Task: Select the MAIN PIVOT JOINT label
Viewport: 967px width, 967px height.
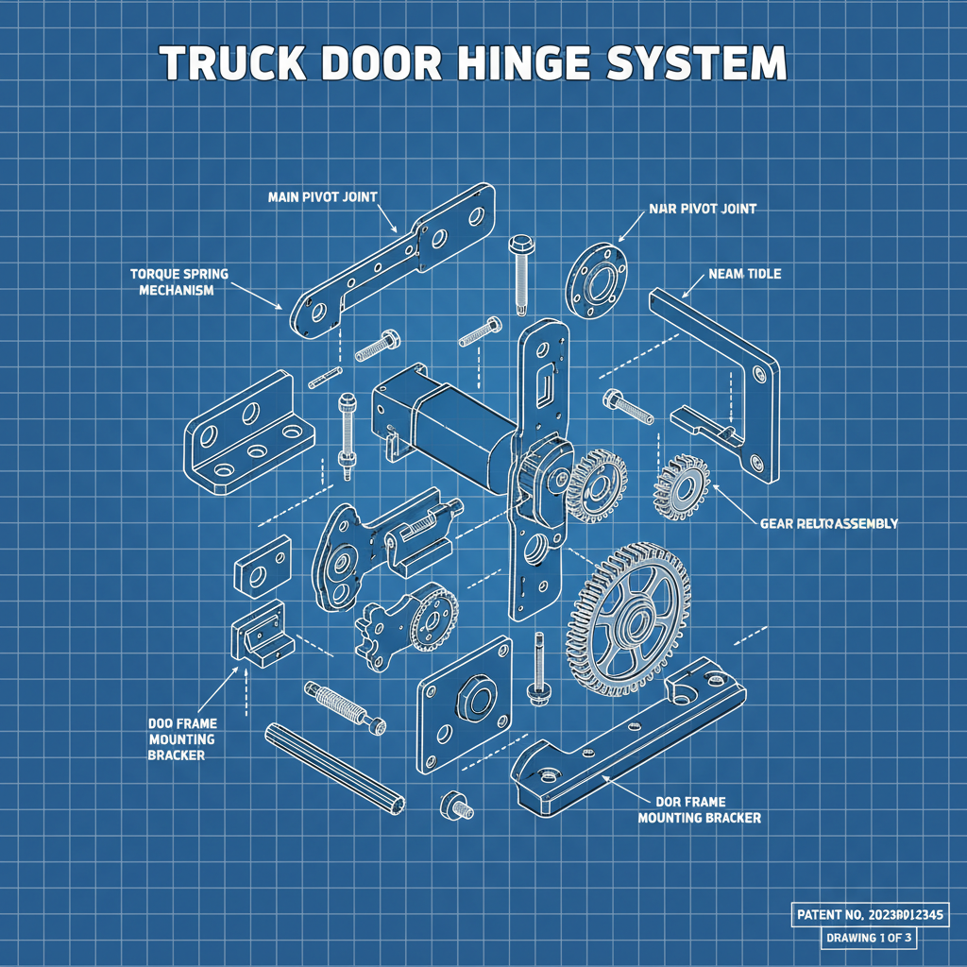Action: pyautogui.click(x=322, y=196)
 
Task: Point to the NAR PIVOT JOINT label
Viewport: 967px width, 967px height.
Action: pyautogui.click(x=704, y=208)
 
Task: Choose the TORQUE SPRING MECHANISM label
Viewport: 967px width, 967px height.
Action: pyautogui.click(x=178, y=281)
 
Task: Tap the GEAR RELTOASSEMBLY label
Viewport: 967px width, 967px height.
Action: pyautogui.click(x=828, y=522)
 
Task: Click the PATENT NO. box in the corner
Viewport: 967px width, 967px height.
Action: pyautogui.click(x=868, y=914)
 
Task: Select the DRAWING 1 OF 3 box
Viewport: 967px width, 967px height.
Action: pyautogui.click(x=868, y=939)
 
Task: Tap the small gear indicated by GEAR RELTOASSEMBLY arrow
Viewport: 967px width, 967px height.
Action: pyautogui.click(x=682, y=488)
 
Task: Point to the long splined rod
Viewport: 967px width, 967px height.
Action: pyautogui.click(x=335, y=763)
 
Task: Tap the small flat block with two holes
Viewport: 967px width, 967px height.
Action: pyautogui.click(x=262, y=565)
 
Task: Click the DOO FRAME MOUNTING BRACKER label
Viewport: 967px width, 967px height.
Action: pyautogui.click(x=181, y=738)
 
